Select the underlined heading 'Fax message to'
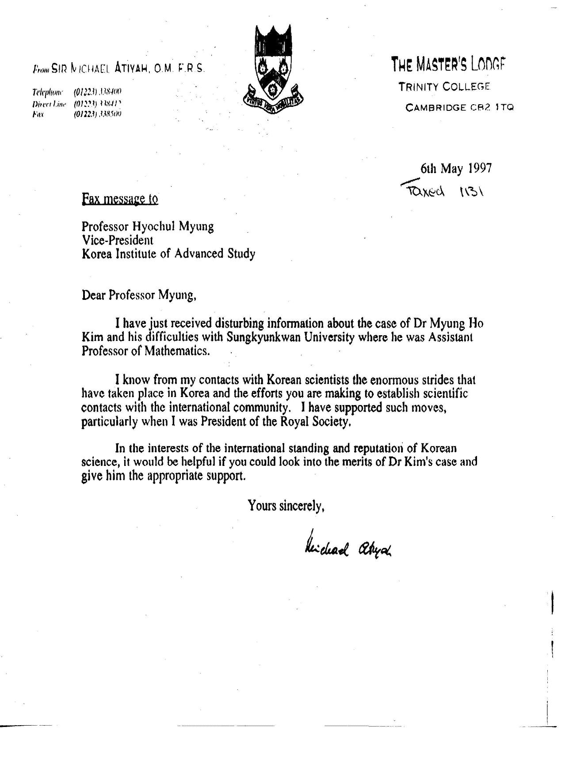click(x=120, y=199)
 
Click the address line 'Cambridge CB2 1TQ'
click(x=460, y=107)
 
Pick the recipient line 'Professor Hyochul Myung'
click(x=148, y=227)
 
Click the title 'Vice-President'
click(x=117, y=240)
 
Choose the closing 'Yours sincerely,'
click(x=286, y=505)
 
